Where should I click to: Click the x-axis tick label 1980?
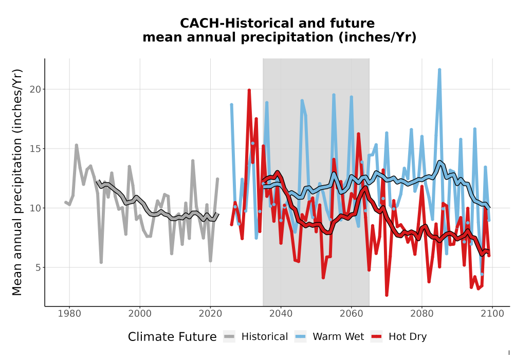(x=69, y=314)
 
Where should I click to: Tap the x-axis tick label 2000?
(x=140, y=314)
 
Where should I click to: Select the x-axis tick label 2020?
(x=210, y=314)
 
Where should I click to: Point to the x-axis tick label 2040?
(x=281, y=314)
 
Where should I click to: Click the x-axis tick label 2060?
(x=351, y=314)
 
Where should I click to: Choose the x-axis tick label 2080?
(x=421, y=314)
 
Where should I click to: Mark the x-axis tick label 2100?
(x=492, y=314)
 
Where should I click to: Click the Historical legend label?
(x=265, y=337)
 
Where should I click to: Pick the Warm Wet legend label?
(x=338, y=337)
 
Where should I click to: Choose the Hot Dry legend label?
(x=408, y=337)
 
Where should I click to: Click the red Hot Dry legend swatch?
(x=377, y=337)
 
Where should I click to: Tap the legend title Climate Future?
(x=172, y=337)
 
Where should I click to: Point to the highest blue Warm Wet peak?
(x=439, y=69)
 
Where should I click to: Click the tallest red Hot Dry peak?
(x=249, y=90)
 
